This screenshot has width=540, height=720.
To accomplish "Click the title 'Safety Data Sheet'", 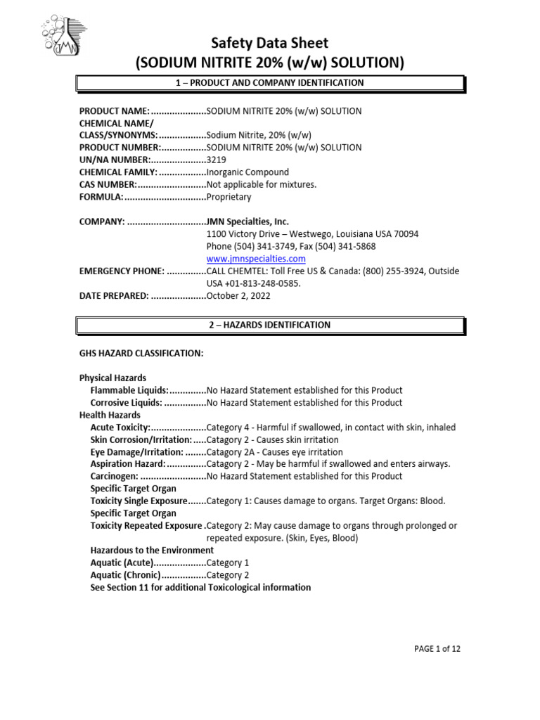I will tap(270, 43).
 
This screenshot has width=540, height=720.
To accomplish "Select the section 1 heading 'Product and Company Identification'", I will tap(270, 83).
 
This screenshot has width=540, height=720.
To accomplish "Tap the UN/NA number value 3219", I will tap(217, 160).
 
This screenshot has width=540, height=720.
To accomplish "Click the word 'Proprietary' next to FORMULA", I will tap(229, 197).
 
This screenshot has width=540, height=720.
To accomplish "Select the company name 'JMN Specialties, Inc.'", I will tap(247, 221).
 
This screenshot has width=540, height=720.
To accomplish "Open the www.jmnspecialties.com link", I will tap(256, 259).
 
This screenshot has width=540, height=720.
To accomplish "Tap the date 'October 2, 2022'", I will tap(238, 296).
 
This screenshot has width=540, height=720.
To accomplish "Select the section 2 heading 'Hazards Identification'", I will tap(270, 326).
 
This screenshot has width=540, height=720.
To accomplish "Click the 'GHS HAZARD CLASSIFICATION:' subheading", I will tap(141, 353).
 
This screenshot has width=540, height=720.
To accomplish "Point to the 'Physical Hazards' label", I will tap(112, 378).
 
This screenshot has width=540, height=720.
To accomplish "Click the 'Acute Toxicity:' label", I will tap(120, 427).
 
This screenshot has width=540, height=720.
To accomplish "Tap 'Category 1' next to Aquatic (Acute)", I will tap(228, 562).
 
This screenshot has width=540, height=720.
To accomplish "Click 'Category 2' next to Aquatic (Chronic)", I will tap(228, 575).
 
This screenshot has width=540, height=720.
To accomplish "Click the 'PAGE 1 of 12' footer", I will tap(437, 648).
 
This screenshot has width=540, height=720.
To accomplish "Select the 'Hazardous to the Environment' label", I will tap(152, 550).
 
